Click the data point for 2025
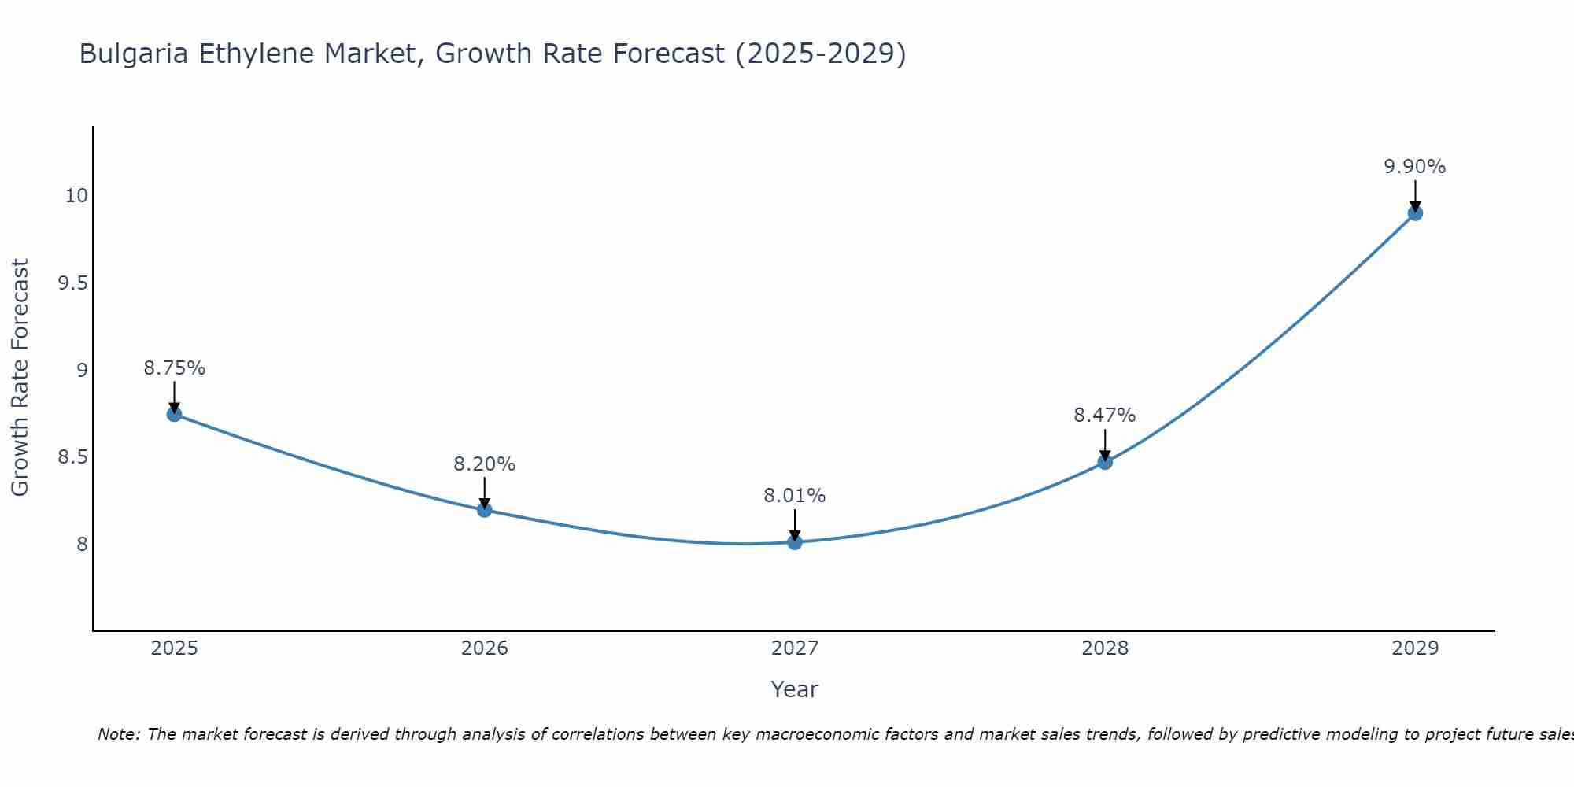175,414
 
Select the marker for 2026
485,510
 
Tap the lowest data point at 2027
795,542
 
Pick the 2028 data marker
1105,462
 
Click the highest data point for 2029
1415,213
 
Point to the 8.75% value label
175,368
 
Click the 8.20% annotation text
485,464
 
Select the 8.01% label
795,496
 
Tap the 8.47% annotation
1105,416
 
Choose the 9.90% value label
1415,167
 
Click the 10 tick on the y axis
76,196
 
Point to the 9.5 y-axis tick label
72,283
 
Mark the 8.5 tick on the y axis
72,457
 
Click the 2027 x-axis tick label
795,648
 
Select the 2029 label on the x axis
1415,648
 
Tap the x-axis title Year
795,689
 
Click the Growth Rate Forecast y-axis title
20,378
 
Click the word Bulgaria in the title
134,54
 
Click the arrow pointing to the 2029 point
1415,195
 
